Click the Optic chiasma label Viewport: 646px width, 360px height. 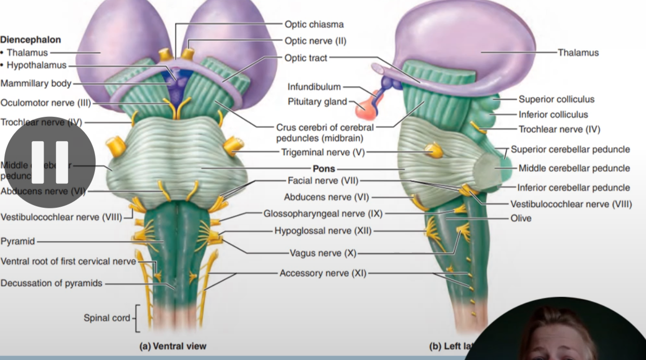314,24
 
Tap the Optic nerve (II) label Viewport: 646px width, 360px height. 315,41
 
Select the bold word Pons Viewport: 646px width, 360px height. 324,169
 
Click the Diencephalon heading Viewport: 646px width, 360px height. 31,39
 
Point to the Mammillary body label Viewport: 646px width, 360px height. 35,84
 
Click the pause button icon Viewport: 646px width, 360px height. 50,162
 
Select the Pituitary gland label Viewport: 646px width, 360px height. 317,102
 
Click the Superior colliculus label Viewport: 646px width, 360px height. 556,99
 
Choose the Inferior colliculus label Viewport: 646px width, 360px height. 553,114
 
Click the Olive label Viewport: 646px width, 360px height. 521,218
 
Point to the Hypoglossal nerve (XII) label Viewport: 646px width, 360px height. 323,231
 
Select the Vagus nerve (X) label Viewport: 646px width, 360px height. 323,253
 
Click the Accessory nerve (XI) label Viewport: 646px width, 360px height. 322,273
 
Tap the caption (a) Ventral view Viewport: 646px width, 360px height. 173,346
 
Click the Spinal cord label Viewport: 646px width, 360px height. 107,318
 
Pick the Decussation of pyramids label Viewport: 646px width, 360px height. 51,283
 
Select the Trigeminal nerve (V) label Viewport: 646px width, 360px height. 323,152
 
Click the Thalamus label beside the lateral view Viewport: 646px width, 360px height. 578,52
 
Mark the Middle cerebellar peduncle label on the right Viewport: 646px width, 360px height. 574,168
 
